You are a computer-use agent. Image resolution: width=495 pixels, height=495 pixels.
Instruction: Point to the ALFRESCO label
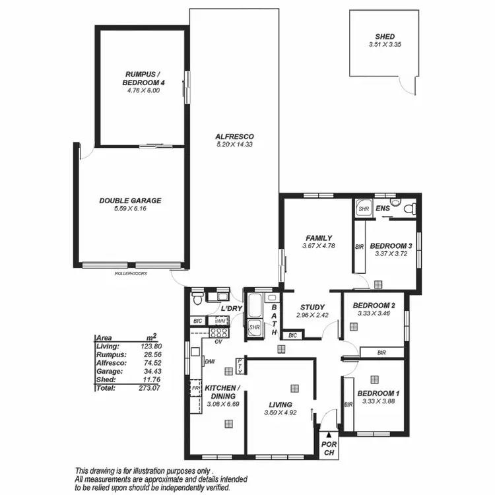[234, 137]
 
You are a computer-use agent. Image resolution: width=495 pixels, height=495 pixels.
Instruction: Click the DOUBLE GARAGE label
[130, 201]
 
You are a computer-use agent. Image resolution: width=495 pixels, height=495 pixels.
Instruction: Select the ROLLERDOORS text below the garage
[131, 273]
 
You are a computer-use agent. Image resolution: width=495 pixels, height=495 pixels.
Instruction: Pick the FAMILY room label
[318, 238]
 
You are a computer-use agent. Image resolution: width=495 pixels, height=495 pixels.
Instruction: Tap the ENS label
[383, 209]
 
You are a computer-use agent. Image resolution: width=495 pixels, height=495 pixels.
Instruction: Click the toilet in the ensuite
[409, 209]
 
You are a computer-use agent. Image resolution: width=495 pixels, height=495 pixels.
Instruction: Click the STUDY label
[311, 307]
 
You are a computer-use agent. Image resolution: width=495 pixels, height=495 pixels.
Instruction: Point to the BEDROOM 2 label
[374, 306]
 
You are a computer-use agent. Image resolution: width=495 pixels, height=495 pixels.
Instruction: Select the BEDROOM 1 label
[378, 394]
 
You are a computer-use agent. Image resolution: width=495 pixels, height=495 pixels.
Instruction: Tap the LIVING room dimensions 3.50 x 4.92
[280, 412]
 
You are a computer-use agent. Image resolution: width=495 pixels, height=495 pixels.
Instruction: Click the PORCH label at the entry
[328, 448]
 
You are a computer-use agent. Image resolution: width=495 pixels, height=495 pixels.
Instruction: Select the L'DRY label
[230, 309]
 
